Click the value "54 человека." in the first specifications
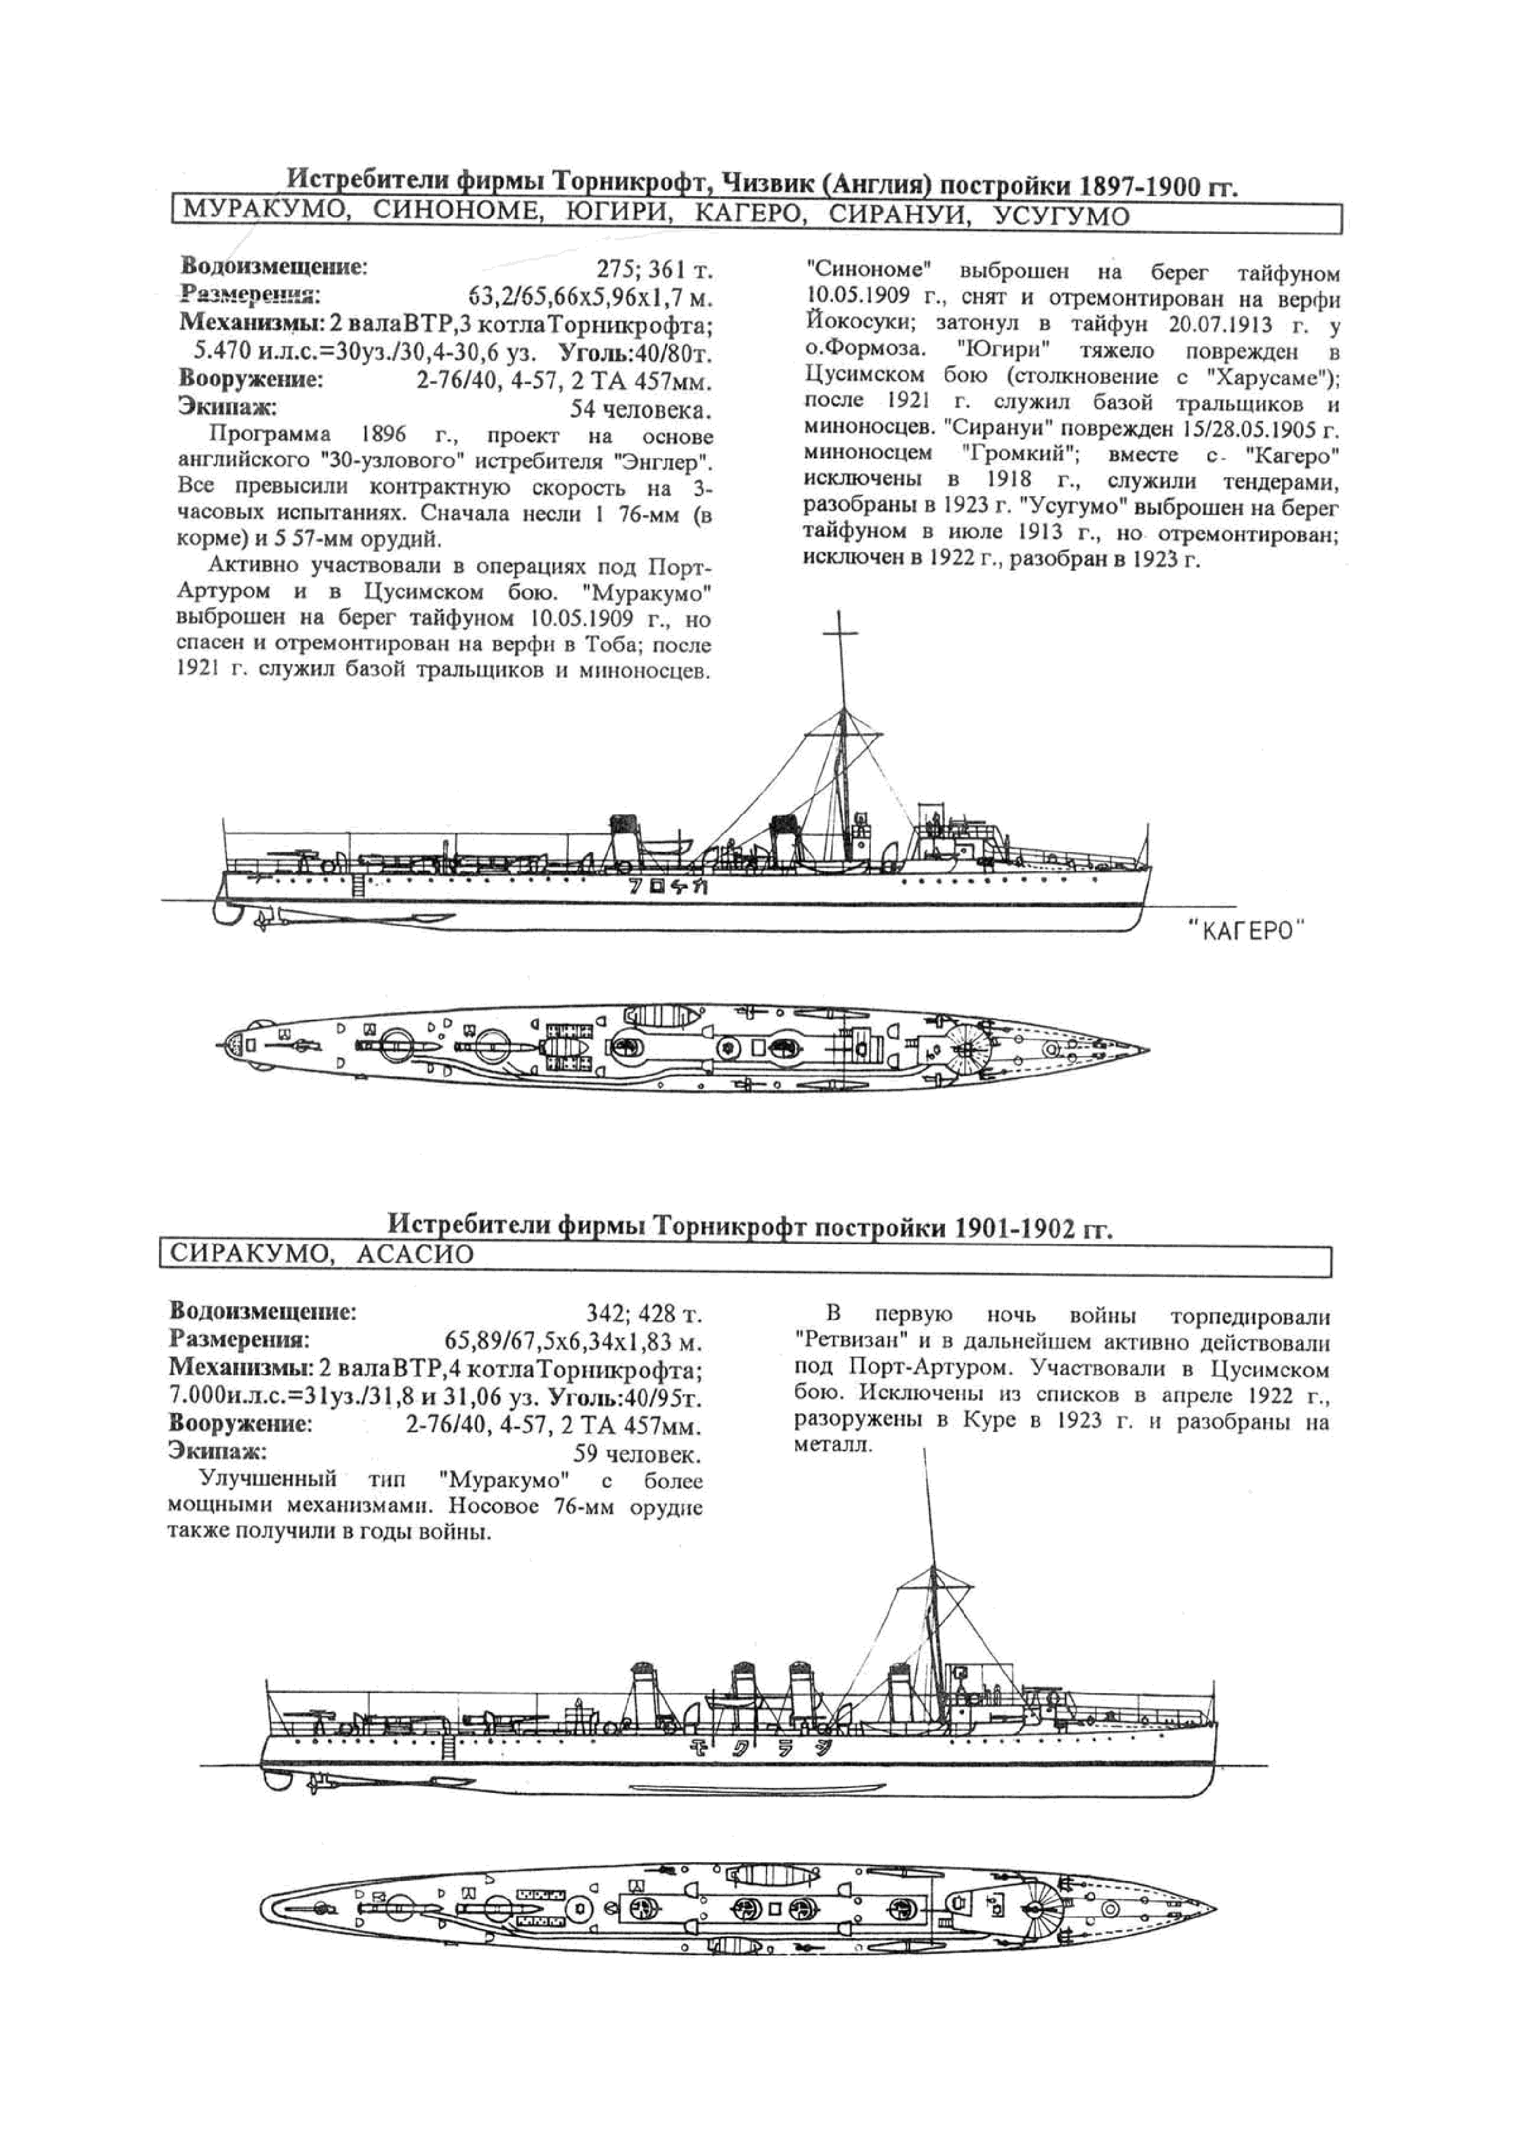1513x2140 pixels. tap(641, 410)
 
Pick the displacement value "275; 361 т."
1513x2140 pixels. tap(654, 270)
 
